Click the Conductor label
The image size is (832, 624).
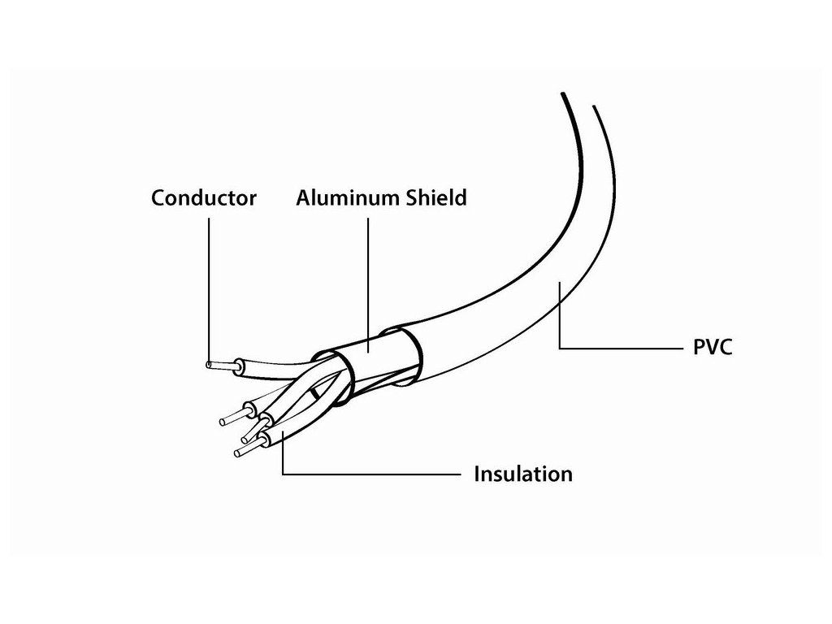coord(204,197)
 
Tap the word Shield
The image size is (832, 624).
coord(435,197)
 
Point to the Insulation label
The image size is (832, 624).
coord(522,474)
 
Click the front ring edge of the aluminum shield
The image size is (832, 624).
coord(338,377)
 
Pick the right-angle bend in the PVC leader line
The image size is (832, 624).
coord(560,349)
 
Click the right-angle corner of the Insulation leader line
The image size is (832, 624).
coord(282,473)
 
